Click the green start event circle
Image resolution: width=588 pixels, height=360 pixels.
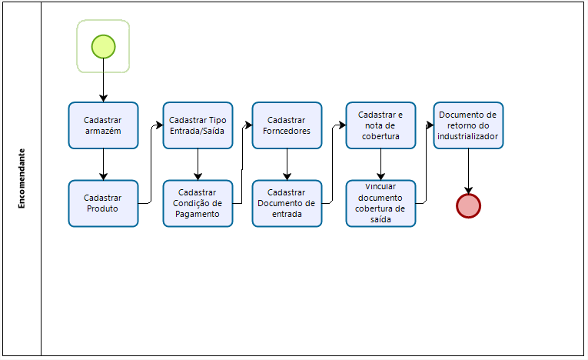103,46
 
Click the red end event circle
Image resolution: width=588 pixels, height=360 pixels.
468,205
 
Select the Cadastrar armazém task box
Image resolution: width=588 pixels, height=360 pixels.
103,125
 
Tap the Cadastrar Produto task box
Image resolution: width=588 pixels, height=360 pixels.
103,203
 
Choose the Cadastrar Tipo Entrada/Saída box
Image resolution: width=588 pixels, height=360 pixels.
198,125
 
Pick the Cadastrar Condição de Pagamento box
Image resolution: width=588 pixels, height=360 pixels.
198,203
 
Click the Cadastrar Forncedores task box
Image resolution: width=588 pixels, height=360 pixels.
287,125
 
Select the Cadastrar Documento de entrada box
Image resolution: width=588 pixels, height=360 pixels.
287,203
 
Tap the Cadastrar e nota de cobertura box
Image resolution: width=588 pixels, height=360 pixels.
380,125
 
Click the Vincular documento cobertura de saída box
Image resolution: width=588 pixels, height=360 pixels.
380,203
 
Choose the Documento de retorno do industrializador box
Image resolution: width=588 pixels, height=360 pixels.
468,125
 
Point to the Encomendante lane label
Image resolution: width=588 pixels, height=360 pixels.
22,178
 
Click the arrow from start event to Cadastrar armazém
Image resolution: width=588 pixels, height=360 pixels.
103,80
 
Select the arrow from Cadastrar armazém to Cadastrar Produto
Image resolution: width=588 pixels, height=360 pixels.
103,165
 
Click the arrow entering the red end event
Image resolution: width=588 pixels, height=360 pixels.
468,171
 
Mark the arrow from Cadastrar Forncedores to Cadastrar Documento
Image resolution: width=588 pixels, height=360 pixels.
287,165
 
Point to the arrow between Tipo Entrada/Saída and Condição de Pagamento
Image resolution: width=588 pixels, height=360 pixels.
198,165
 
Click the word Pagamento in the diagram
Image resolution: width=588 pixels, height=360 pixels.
198,214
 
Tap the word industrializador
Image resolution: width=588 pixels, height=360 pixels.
468,136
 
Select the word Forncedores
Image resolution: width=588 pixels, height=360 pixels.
287,131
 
